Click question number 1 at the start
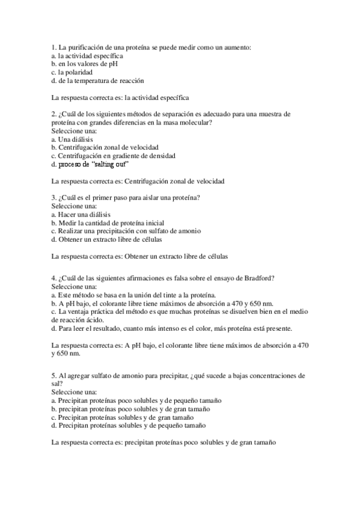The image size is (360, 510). coord(54,47)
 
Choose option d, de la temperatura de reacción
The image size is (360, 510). coord(97,80)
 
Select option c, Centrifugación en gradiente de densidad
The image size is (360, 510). coord(114,155)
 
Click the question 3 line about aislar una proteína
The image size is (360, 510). coord(126,197)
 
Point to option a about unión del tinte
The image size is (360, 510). coord(134,295)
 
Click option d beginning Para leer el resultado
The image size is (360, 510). coord(172,328)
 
